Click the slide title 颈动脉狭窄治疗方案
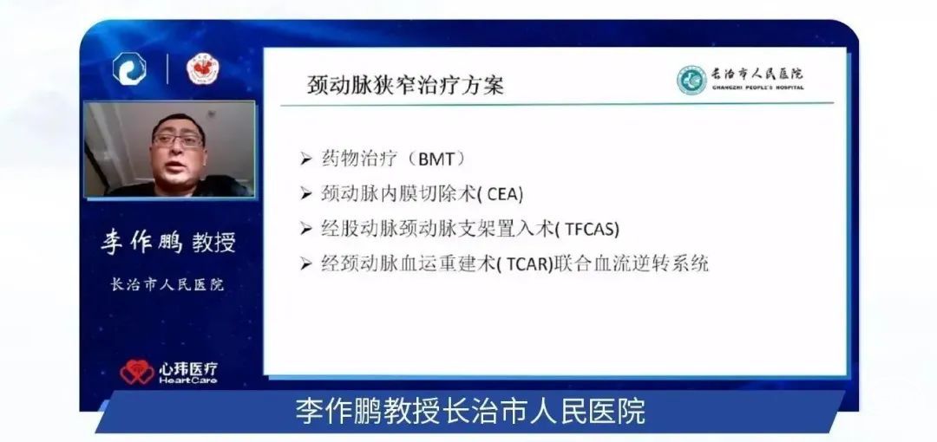coord(406,84)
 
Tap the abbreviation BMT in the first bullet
coord(436,159)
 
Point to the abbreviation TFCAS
coord(589,229)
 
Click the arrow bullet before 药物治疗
coord(306,159)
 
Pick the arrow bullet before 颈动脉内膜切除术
coord(306,194)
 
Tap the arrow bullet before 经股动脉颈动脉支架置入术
coord(306,229)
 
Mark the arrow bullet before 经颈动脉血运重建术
coord(306,263)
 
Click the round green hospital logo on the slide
coord(691,80)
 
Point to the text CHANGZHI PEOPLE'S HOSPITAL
coord(757,88)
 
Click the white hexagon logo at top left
coord(129,68)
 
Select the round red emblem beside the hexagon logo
coord(202,69)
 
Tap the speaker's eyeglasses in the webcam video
coord(178,141)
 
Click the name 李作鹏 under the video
coord(141,242)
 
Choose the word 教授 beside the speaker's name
coord(214,243)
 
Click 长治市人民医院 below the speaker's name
coord(168,284)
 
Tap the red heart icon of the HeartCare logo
coord(137,372)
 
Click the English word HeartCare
coord(187,380)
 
